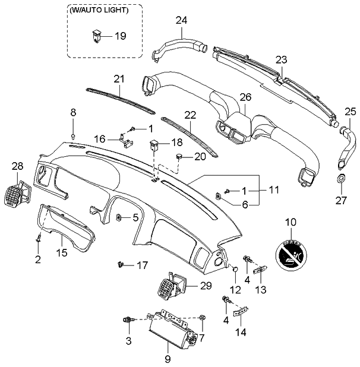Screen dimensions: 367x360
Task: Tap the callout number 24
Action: pyautogui.click(x=182, y=21)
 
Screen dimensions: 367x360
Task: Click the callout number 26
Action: pyautogui.click(x=244, y=96)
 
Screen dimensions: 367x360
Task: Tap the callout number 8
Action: pyautogui.click(x=74, y=112)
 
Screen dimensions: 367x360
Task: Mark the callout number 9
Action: pyautogui.click(x=168, y=358)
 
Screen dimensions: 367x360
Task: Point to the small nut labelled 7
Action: pyautogui.click(x=203, y=319)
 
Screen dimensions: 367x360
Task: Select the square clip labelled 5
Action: pyautogui.click(x=119, y=217)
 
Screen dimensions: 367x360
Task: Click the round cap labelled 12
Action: pyautogui.click(x=235, y=271)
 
